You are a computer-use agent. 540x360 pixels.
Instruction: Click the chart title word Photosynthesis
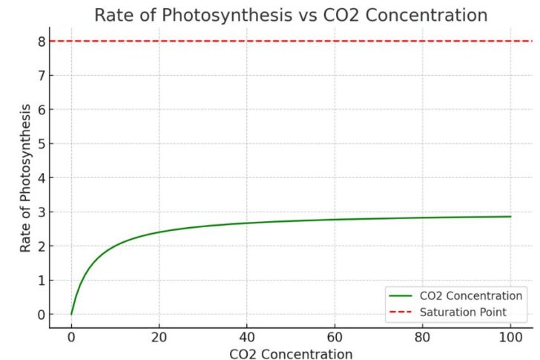[223, 16]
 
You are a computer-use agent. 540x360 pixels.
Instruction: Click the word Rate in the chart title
[113, 16]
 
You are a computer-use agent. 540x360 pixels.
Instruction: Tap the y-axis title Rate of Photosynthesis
[27, 178]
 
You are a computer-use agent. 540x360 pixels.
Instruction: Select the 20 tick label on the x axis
[159, 336]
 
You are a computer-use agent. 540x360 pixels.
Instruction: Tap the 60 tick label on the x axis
[335, 336]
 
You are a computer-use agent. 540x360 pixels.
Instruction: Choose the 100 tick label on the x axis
[510, 336]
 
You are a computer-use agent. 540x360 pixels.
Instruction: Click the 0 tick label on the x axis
[71, 336]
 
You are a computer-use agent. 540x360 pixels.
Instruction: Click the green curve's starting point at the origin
[71, 314]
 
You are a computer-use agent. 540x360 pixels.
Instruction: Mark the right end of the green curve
[510, 217]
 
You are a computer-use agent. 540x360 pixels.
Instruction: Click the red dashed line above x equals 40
[247, 41]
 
